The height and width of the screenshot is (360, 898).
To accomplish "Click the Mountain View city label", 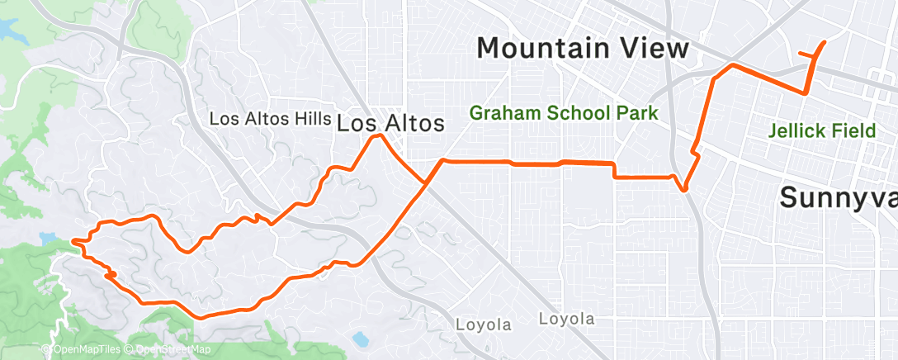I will pyautogui.click(x=583, y=48).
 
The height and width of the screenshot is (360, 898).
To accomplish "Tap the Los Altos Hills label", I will pyautogui.click(x=271, y=119).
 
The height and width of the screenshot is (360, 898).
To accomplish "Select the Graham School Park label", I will pyautogui.click(x=565, y=113).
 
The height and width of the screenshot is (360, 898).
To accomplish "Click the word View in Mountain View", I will pyautogui.click(x=652, y=48).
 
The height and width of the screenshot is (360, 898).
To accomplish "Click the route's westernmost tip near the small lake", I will pyautogui.click(x=73, y=241).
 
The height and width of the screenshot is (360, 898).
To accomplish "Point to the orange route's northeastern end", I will pyautogui.click(x=824, y=43).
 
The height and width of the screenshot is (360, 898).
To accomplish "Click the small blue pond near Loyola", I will pyautogui.click(x=360, y=339).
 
